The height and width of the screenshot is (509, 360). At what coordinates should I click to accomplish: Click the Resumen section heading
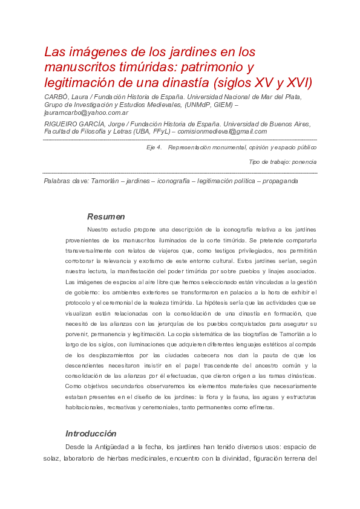(106, 216)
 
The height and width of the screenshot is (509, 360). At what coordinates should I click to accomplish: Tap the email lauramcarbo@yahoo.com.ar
(86, 112)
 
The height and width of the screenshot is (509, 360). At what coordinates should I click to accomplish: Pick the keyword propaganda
(280, 181)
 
